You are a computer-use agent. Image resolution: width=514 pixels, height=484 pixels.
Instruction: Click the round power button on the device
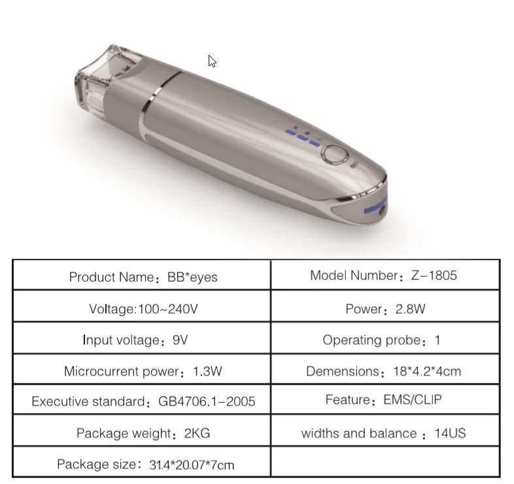(335, 154)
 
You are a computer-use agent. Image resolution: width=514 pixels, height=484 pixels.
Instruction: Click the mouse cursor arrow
(212, 61)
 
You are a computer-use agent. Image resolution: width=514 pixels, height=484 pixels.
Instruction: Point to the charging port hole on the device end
(382, 211)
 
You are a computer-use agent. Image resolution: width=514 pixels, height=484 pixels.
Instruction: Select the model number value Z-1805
(434, 275)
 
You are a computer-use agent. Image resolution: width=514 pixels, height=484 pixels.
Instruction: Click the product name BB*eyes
(192, 277)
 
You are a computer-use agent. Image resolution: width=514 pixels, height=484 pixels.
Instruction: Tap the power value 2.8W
(411, 309)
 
